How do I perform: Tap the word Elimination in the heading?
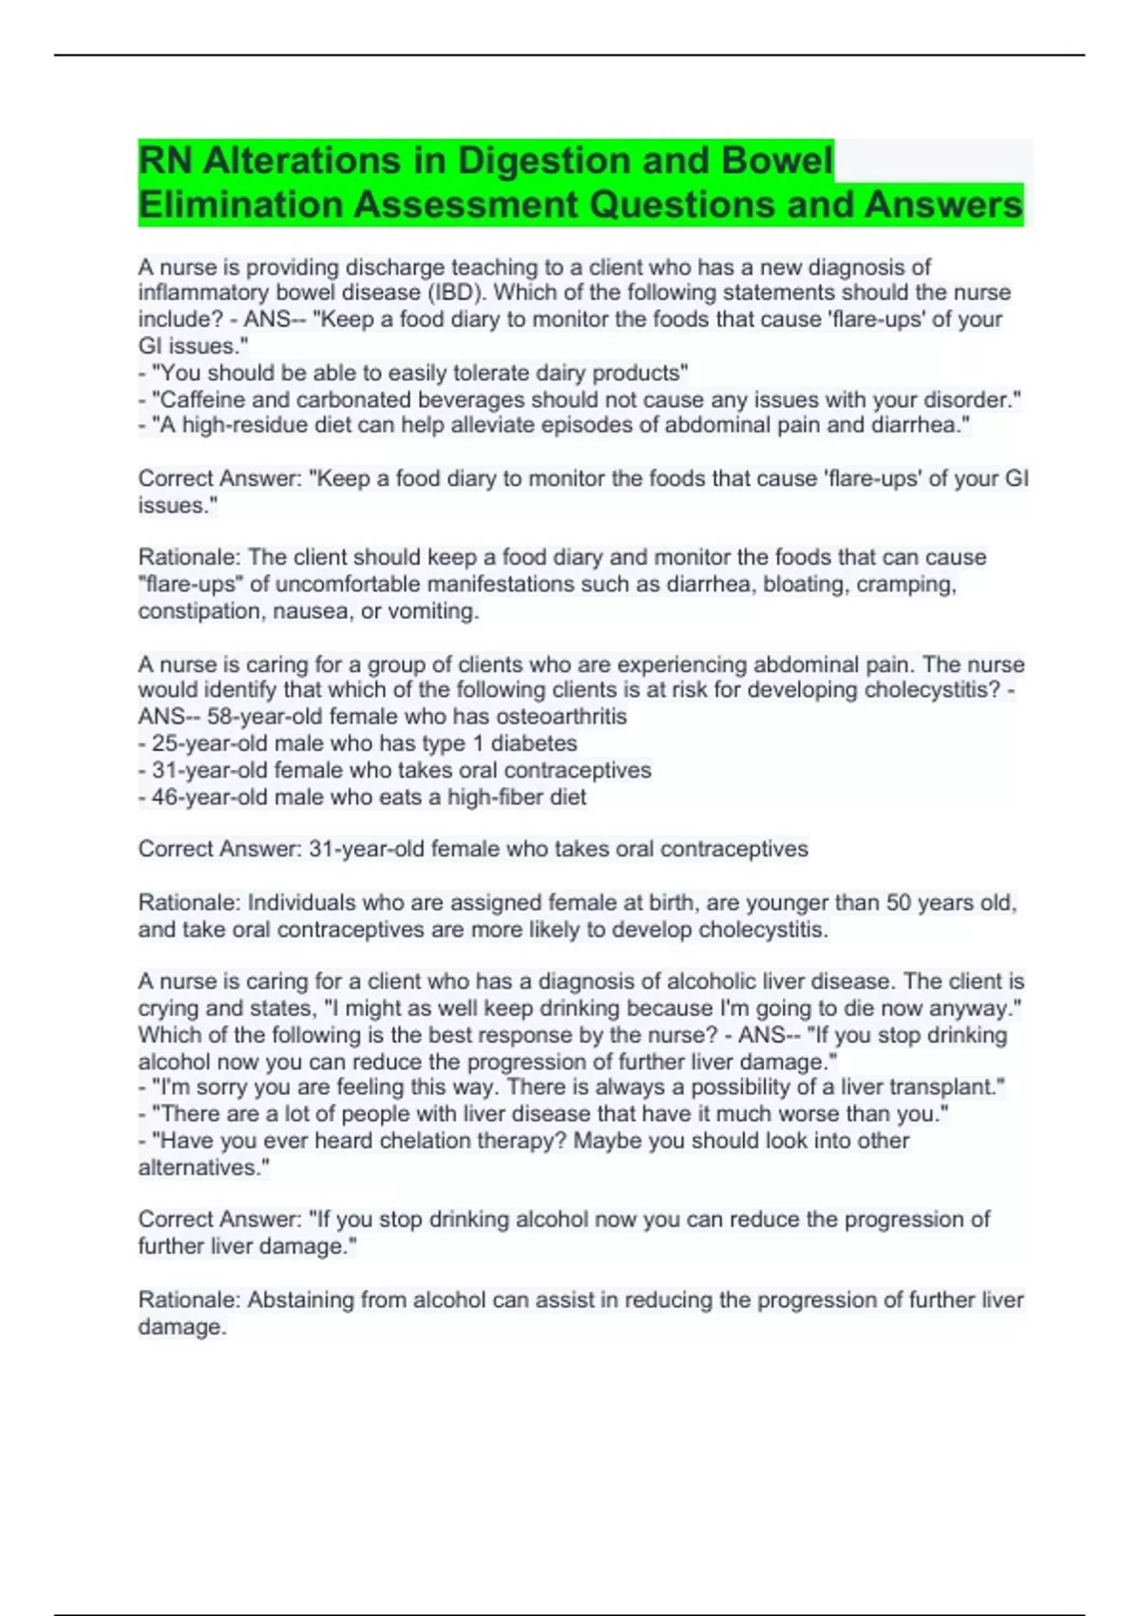(x=240, y=204)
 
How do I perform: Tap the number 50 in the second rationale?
(x=899, y=902)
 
